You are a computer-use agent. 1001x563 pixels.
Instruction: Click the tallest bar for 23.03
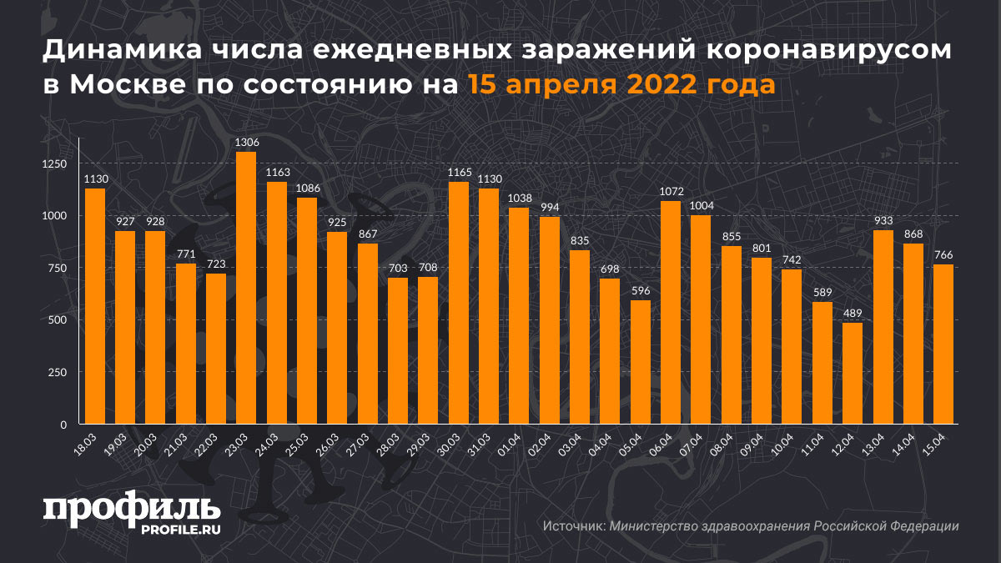[x=246, y=288]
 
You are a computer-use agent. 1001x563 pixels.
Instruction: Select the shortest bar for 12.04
[x=853, y=373]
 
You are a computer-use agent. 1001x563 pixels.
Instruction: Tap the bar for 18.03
[x=95, y=306]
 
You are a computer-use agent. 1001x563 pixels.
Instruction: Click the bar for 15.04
[x=943, y=344]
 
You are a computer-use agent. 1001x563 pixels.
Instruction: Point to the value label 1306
[x=246, y=143]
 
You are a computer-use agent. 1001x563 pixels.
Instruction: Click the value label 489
[x=853, y=314]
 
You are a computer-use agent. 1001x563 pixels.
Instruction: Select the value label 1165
[x=459, y=173]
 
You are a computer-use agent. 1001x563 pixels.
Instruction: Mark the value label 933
[x=883, y=221]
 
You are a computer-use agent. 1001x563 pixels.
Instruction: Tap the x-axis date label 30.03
[x=451, y=441]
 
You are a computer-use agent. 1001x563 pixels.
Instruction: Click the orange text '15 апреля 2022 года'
[x=621, y=85]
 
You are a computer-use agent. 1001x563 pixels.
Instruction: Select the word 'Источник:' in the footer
[x=573, y=526]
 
